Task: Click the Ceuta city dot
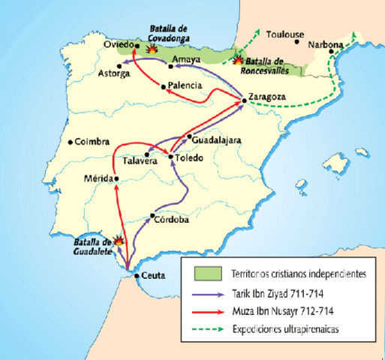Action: [136, 275]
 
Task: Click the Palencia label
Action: [185, 86]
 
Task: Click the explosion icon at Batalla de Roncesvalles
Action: [239, 60]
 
